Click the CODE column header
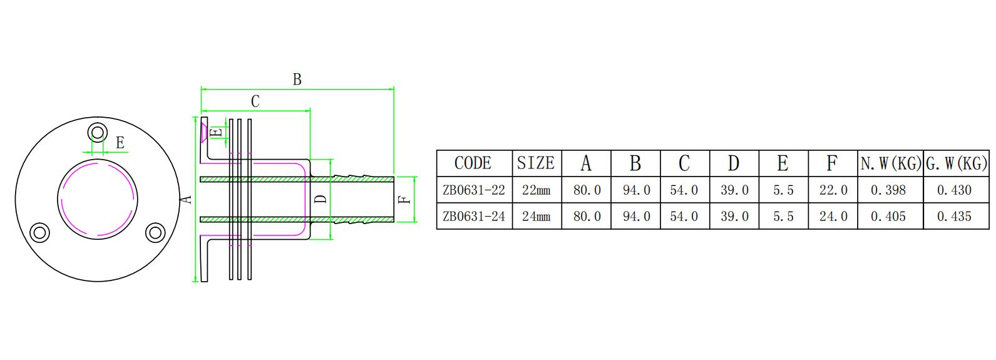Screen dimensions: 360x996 point(473,163)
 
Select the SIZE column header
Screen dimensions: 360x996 point(536,163)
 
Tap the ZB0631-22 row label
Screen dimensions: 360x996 point(473,190)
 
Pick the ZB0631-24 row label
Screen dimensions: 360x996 point(473,216)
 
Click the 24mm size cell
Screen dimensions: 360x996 point(536,216)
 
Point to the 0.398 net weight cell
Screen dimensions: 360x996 point(888,190)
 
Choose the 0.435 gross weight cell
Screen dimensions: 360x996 point(954,216)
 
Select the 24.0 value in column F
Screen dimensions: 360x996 point(833,216)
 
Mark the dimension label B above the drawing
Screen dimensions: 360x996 point(297,80)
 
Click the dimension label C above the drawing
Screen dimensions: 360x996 point(255,101)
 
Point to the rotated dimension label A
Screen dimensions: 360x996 point(186,199)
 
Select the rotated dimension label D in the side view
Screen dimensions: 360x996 point(321,199)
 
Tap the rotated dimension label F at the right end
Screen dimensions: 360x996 point(404,199)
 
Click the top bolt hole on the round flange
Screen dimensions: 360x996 point(98,133)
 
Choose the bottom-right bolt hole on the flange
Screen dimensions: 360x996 point(155,233)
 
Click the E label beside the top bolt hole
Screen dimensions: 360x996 point(120,143)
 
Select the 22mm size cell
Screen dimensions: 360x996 point(536,190)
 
